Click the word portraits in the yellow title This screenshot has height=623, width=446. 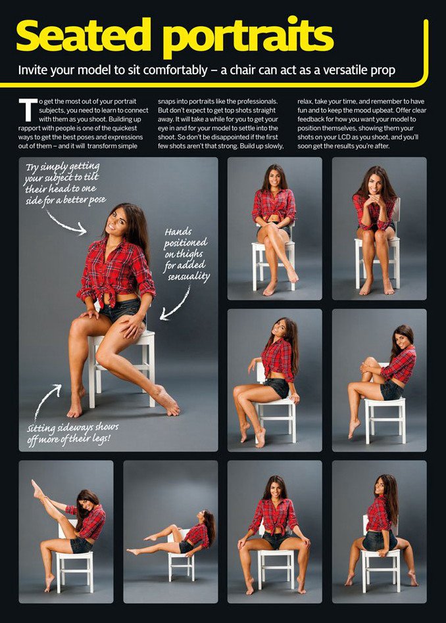tap(249, 37)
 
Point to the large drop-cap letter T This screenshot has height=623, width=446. tap(28, 110)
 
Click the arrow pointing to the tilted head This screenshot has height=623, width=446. tap(66, 223)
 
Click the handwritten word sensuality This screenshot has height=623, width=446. tap(189, 276)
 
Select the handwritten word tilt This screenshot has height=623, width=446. tap(91, 177)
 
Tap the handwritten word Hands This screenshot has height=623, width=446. tap(178, 231)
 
